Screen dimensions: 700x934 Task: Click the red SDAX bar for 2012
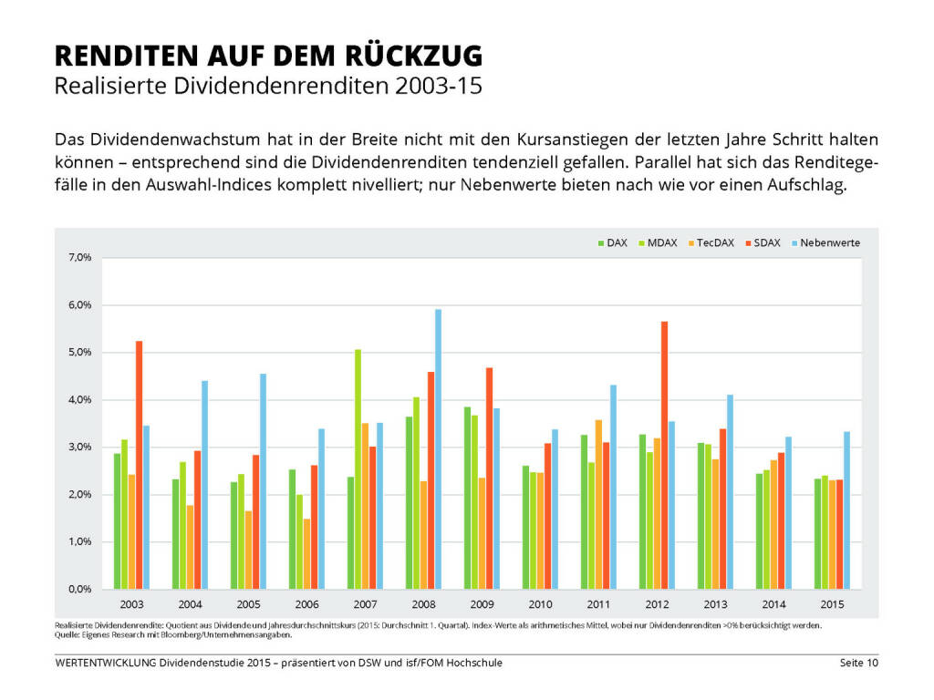pos(664,456)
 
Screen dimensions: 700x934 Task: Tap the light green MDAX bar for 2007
pos(358,469)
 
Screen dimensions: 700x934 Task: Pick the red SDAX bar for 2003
pos(140,465)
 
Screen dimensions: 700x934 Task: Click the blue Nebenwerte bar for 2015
pos(846,510)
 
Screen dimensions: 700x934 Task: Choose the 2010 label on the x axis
pos(540,605)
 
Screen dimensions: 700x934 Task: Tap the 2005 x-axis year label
pos(248,605)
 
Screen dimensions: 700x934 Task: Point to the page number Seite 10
pos(859,663)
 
